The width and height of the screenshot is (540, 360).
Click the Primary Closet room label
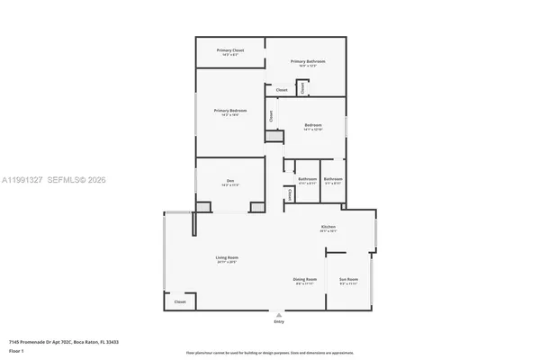pyautogui.click(x=230, y=50)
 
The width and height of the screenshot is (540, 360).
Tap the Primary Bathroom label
pyautogui.click(x=308, y=61)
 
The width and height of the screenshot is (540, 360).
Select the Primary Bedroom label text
pyautogui.click(x=230, y=111)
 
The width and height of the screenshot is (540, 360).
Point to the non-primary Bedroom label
pyautogui.click(x=312, y=125)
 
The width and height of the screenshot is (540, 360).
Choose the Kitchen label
pyautogui.click(x=328, y=226)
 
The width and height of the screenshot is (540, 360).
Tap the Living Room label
pyautogui.click(x=226, y=258)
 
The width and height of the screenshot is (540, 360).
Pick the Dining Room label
pyautogui.click(x=305, y=279)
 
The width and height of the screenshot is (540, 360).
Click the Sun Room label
pyautogui.click(x=347, y=279)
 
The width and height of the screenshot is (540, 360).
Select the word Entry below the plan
pyautogui.click(x=278, y=321)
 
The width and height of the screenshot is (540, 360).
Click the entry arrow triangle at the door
pyautogui.click(x=278, y=315)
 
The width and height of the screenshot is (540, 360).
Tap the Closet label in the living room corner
pyautogui.click(x=180, y=302)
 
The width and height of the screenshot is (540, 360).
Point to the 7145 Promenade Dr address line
pyautogui.click(x=64, y=342)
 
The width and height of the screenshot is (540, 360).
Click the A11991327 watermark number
pyautogui.click(x=22, y=180)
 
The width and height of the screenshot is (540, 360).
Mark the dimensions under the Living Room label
pyautogui.click(x=226, y=263)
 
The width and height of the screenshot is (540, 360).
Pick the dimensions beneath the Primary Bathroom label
pyautogui.click(x=308, y=66)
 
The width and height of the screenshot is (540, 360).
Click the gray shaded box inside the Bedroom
pyautogui.click(x=274, y=137)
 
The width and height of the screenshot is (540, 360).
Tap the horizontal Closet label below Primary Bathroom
pyautogui.click(x=281, y=90)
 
